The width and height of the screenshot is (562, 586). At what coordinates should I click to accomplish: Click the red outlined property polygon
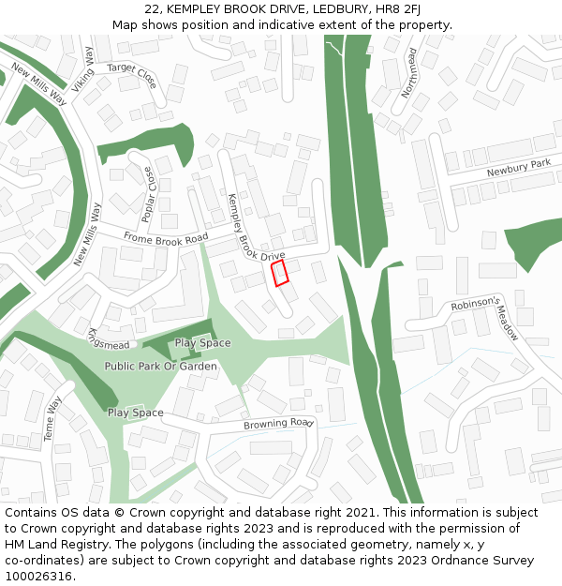(x=279, y=273)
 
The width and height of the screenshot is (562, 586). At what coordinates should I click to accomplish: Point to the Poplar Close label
(x=149, y=194)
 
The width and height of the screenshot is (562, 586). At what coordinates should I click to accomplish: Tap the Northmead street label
(x=407, y=74)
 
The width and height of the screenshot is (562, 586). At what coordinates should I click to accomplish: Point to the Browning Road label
(x=277, y=424)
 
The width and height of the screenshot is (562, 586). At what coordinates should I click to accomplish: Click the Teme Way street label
(x=52, y=417)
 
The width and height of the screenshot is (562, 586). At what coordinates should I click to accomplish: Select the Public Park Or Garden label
(x=161, y=366)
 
